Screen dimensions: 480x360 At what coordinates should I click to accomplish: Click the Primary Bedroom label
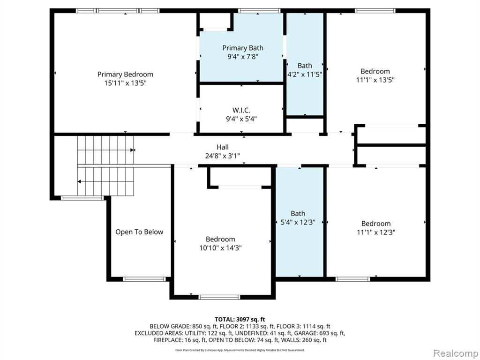tap(125, 75)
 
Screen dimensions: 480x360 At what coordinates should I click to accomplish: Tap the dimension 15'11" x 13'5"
tap(126, 83)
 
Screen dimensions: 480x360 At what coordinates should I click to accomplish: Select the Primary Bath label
tap(243, 48)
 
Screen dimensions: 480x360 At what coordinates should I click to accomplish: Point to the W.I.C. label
tap(241, 110)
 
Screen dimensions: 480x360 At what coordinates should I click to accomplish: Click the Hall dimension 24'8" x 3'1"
tap(223, 156)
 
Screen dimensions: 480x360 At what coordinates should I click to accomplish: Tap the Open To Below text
tap(139, 232)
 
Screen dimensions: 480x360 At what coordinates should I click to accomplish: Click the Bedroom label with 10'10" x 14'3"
tap(220, 239)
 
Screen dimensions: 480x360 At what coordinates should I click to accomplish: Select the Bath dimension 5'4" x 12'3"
tap(298, 222)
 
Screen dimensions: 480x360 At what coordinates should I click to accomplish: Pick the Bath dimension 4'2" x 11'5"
tap(305, 74)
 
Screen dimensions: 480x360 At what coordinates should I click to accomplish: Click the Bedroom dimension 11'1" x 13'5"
tap(375, 80)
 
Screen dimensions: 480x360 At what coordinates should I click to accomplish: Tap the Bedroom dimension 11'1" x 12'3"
tap(376, 232)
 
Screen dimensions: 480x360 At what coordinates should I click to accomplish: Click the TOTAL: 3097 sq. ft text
tap(240, 320)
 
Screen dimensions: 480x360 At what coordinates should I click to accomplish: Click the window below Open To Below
tap(144, 279)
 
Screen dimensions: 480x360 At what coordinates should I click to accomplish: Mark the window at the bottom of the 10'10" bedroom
tap(219, 297)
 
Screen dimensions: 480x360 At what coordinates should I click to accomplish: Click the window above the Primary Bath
tap(259, 11)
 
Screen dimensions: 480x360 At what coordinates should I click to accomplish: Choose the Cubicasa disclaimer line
tap(240, 350)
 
